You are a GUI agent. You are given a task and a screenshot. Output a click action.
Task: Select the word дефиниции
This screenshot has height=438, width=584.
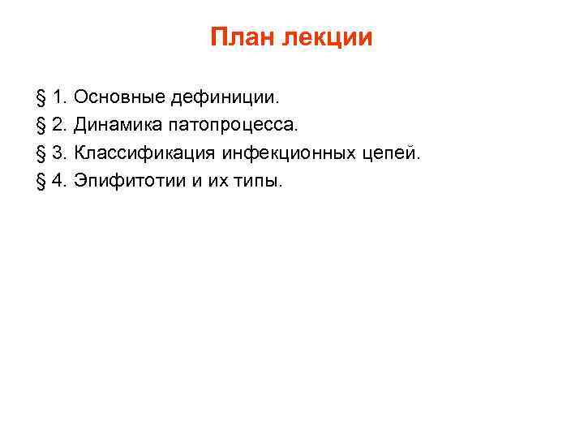(x=223, y=98)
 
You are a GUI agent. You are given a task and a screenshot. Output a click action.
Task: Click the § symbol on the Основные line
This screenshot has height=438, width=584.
(x=41, y=99)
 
